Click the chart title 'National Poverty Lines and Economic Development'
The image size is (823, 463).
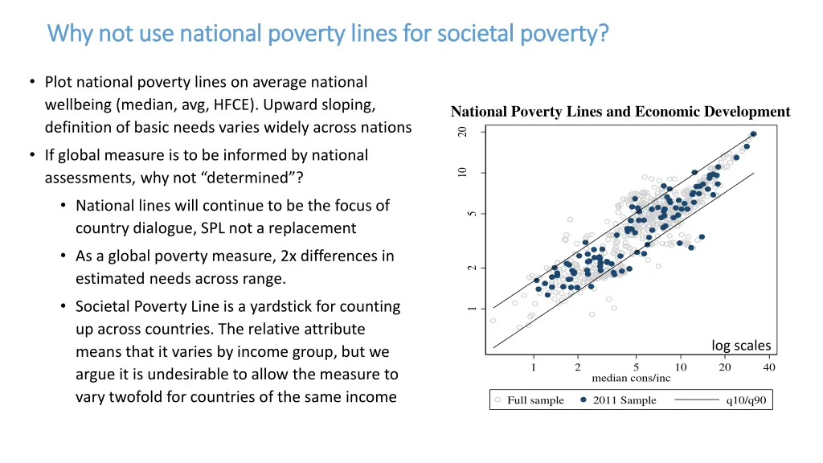point(620,112)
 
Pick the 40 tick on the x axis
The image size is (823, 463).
point(769,367)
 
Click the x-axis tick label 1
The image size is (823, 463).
point(534,367)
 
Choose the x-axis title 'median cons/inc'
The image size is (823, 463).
point(630,378)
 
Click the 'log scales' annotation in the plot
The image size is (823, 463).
point(740,346)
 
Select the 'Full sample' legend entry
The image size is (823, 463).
point(535,400)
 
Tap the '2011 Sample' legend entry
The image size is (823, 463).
point(624,400)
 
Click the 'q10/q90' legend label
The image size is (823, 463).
point(746,400)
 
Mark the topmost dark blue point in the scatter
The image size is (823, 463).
point(753,134)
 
